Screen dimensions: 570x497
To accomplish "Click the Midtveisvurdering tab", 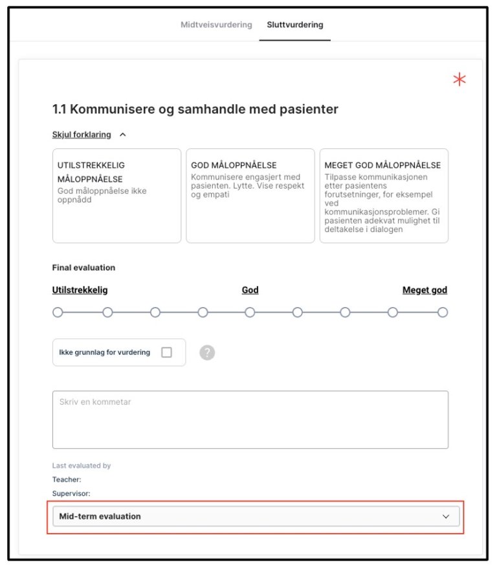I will click(216, 25).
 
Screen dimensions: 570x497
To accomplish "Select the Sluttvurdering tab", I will click(295, 25).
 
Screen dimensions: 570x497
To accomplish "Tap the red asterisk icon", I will click(459, 80).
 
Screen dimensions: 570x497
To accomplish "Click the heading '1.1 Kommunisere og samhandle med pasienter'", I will click(195, 109).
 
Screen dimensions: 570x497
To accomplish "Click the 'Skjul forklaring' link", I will click(82, 135).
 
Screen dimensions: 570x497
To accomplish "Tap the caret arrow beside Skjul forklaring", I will click(123, 135).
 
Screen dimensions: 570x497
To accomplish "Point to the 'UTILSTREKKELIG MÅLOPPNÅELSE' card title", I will click(91, 172).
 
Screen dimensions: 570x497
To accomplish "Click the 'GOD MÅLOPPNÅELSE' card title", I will click(234, 165).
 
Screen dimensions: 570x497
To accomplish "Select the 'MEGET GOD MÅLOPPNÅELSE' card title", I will click(382, 165).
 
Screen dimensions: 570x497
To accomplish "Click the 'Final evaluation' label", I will click(83, 268).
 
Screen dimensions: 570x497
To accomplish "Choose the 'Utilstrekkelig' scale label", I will click(80, 290).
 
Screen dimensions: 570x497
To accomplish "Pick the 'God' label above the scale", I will click(250, 290).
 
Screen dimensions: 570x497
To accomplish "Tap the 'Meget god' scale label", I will click(425, 290).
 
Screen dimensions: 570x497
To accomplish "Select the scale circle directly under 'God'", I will click(250, 312).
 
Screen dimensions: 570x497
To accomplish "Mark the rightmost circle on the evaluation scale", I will click(443, 312).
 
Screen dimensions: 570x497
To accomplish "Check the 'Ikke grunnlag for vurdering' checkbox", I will click(166, 352).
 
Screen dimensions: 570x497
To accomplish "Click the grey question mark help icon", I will click(207, 352).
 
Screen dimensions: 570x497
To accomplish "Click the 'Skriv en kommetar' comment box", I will click(250, 420).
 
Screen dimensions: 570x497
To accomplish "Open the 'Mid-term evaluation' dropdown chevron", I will click(445, 516).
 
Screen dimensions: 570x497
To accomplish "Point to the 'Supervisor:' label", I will click(71, 494).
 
